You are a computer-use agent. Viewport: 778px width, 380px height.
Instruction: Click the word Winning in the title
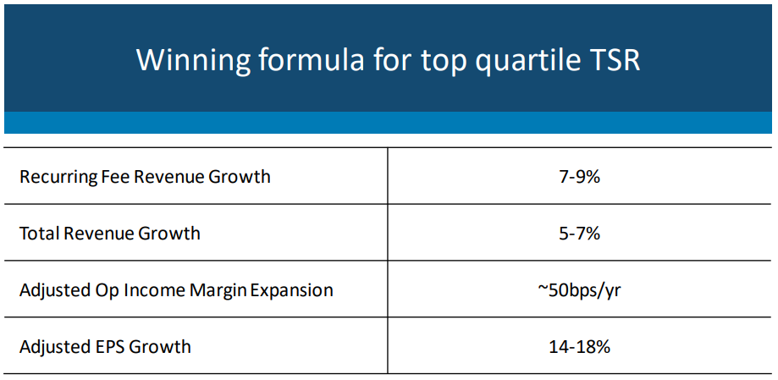tap(193, 61)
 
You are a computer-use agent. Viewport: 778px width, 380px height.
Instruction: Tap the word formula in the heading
tap(315, 59)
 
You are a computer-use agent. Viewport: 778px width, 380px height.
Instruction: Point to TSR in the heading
tap(613, 59)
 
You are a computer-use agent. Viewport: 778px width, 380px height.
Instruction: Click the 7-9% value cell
tap(579, 177)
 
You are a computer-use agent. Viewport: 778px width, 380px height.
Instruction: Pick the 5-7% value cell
tap(579, 233)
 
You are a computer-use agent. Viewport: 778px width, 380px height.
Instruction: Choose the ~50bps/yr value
tap(579, 290)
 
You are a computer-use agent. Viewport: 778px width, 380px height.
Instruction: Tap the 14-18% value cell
tap(579, 347)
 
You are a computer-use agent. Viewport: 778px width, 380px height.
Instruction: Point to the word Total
tap(40, 233)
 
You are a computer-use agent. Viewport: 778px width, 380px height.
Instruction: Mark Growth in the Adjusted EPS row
tap(160, 347)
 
